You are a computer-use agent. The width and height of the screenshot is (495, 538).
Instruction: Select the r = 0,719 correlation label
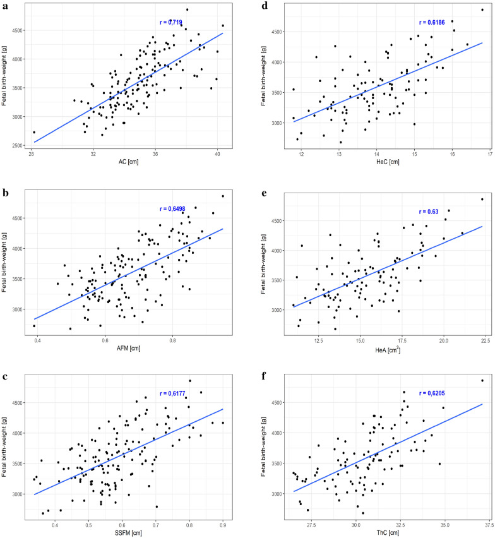pyautogui.click(x=170, y=22)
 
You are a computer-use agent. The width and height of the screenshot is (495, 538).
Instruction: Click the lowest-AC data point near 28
pyautogui.click(x=33, y=132)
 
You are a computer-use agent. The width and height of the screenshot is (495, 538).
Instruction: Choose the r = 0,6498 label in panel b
pyautogui.click(x=172, y=208)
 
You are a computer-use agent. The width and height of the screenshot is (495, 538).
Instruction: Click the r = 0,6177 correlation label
pyautogui.click(x=172, y=392)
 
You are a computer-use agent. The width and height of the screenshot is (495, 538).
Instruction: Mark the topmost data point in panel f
pyautogui.click(x=482, y=380)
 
